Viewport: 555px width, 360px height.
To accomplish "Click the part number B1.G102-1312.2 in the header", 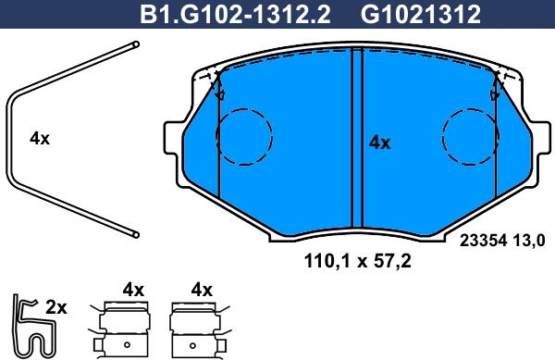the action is coord(235,15).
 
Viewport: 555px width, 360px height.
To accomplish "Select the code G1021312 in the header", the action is coord(421,15).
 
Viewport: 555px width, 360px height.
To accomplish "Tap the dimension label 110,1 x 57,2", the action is coord(357,262).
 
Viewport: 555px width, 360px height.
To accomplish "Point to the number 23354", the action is coord(483,241).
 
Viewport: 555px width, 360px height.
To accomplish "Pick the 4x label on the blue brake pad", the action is coord(380,143).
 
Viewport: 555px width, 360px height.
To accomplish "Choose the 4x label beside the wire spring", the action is coord(40,139).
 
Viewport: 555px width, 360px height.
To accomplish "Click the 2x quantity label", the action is coord(55,308).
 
